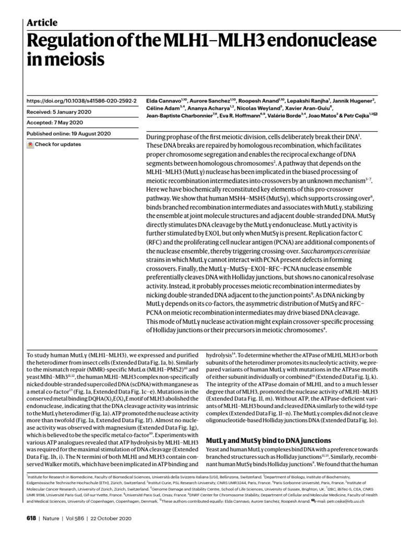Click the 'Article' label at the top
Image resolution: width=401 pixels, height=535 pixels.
pos(41,22)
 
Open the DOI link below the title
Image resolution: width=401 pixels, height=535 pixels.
pos(81,100)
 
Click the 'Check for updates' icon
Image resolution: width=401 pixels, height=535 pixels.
pos(30,144)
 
